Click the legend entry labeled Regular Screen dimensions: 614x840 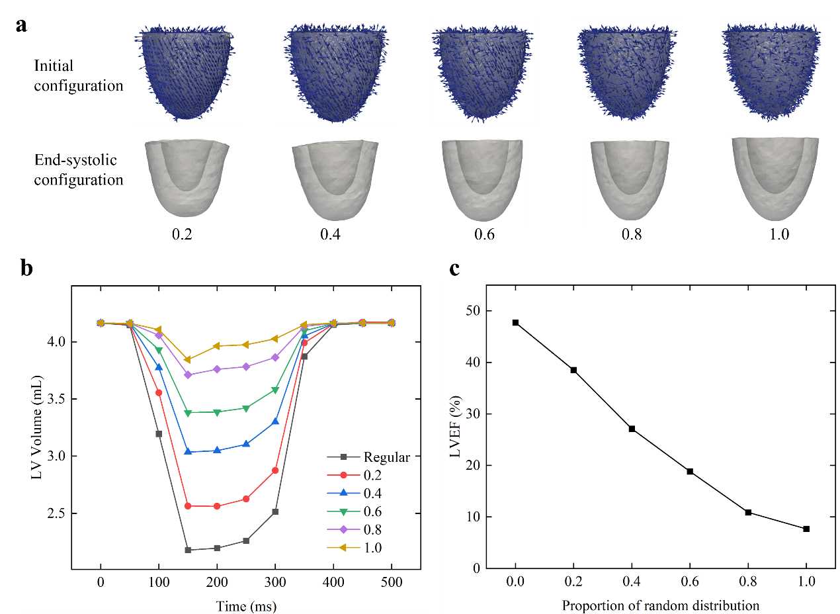[x=386, y=457]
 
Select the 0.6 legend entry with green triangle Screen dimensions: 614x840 [x=372, y=511]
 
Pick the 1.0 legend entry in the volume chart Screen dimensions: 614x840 [x=372, y=548]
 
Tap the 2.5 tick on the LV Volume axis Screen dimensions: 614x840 [x=56, y=513]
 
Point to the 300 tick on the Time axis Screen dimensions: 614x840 [x=274, y=582]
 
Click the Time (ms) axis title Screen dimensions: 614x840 [x=246, y=605]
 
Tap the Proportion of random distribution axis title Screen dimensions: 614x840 [x=660, y=605]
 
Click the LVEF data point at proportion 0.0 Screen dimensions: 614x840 [x=515, y=323]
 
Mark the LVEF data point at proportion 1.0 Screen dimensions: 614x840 [x=806, y=529]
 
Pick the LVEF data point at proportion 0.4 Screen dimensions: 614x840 [x=632, y=429]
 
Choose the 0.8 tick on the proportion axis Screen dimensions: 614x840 [x=748, y=582]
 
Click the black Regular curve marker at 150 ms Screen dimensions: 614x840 [x=188, y=550]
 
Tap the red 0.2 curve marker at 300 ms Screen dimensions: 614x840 [x=275, y=470]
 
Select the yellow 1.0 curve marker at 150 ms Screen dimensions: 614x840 [x=188, y=360]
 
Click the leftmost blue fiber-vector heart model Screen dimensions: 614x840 [x=187, y=73]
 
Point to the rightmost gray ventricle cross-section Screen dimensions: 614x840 [x=775, y=179]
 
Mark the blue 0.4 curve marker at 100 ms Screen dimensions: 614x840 [x=159, y=367]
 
